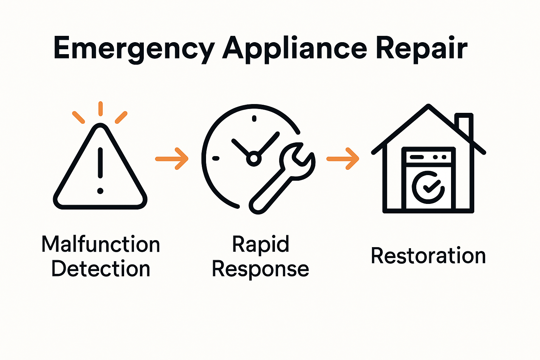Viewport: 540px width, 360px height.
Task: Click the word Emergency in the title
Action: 134,49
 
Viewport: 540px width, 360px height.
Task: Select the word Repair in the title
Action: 422,49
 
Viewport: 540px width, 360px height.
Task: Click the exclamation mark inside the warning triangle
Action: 100,169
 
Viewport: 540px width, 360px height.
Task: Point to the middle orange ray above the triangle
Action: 101,109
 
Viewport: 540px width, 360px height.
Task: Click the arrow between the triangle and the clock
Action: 172,159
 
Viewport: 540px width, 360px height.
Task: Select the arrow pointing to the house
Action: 343,159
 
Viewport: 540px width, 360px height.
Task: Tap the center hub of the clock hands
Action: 253,159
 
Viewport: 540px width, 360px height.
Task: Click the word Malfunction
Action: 101,244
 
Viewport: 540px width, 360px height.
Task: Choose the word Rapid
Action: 261,244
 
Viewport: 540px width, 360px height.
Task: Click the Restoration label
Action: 428,256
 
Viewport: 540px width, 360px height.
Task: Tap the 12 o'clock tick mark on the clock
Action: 254,118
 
